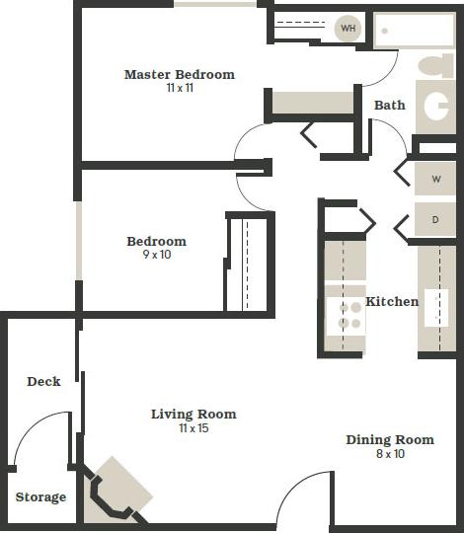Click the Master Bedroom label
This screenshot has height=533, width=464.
(x=179, y=74)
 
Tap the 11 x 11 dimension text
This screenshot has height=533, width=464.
(x=179, y=88)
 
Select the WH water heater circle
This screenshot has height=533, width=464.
(x=348, y=29)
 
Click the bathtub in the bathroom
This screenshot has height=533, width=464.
(x=415, y=31)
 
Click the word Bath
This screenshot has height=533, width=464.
(x=389, y=105)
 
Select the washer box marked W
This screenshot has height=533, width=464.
(x=435, y=181)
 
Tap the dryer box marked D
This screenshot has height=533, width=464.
(x=435, y=219)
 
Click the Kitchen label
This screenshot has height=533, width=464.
(x=392, y=301)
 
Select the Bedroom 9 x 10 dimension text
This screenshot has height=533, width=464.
(x=156, y=256)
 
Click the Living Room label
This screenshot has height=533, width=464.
(x=193, y=414)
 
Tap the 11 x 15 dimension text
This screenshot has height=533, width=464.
(x=193, y=427)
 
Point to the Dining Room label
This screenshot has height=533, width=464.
(x=389, y=439)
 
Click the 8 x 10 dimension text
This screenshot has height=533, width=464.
(x=389, y=454)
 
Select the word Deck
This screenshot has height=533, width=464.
(x=43, y=381)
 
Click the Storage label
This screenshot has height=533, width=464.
(x=40, y=496)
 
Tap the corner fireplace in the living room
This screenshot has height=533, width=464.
(x=116, y=491)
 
